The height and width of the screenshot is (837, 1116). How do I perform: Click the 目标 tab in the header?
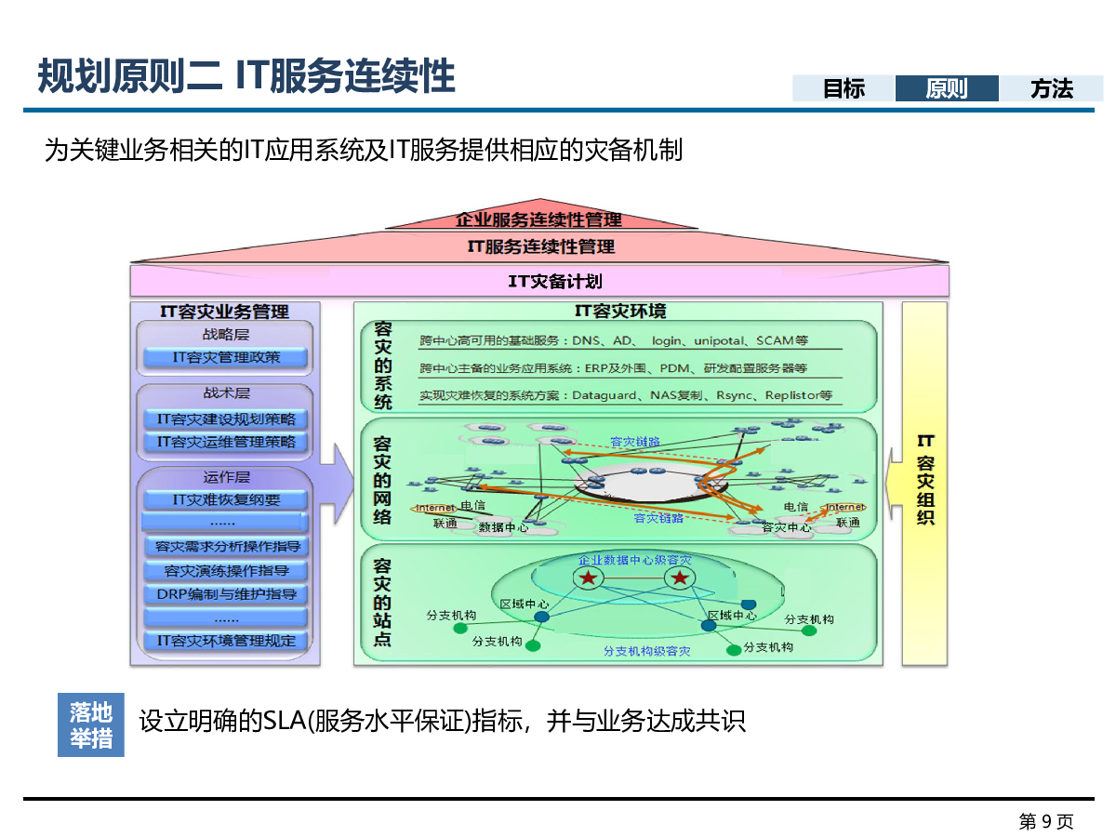[844, 88]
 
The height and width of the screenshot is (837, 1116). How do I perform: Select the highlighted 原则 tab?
[947, 88]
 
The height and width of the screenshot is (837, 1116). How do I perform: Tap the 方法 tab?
[1051, 88]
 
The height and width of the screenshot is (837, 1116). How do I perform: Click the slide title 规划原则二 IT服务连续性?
[246, 75]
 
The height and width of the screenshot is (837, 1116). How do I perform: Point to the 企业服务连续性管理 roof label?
[538, 220]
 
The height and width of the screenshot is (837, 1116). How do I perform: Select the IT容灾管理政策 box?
[226, 357]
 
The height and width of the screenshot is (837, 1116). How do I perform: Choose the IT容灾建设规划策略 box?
[226, 419]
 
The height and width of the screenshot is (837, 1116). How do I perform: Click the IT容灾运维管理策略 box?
[226, 442]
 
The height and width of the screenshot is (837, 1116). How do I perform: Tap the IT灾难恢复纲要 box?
[226, 499]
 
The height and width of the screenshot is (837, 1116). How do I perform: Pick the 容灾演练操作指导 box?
[226, 571]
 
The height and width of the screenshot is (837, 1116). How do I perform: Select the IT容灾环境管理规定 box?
[226, 640]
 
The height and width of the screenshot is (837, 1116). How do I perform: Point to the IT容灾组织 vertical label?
[924, 480]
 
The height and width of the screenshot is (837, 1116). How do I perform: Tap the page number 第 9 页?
[1045, 821]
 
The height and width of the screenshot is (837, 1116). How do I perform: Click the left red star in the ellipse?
[588, 578]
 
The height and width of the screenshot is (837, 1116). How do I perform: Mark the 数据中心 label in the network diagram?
[503, 527]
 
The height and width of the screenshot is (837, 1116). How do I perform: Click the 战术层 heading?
[226, 393]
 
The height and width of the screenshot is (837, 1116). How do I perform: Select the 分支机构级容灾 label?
[646, 651]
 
